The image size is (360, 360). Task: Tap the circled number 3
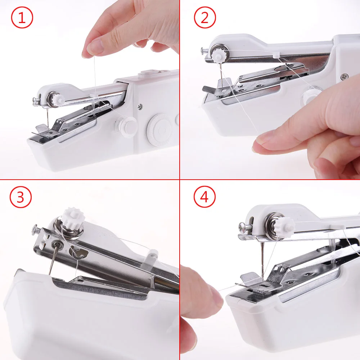(x=21, y=197)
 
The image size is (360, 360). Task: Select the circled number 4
(x=204, y=197)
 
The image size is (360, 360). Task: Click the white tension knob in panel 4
(x=285, y=226)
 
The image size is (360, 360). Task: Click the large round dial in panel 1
(x=161, y=127)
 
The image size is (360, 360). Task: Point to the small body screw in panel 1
(x=139, y=107)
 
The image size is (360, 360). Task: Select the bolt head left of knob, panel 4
(x=243, y=227)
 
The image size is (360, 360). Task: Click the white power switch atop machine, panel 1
(x=148, y=73)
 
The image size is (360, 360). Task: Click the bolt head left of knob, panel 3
(x=36, y=228)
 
